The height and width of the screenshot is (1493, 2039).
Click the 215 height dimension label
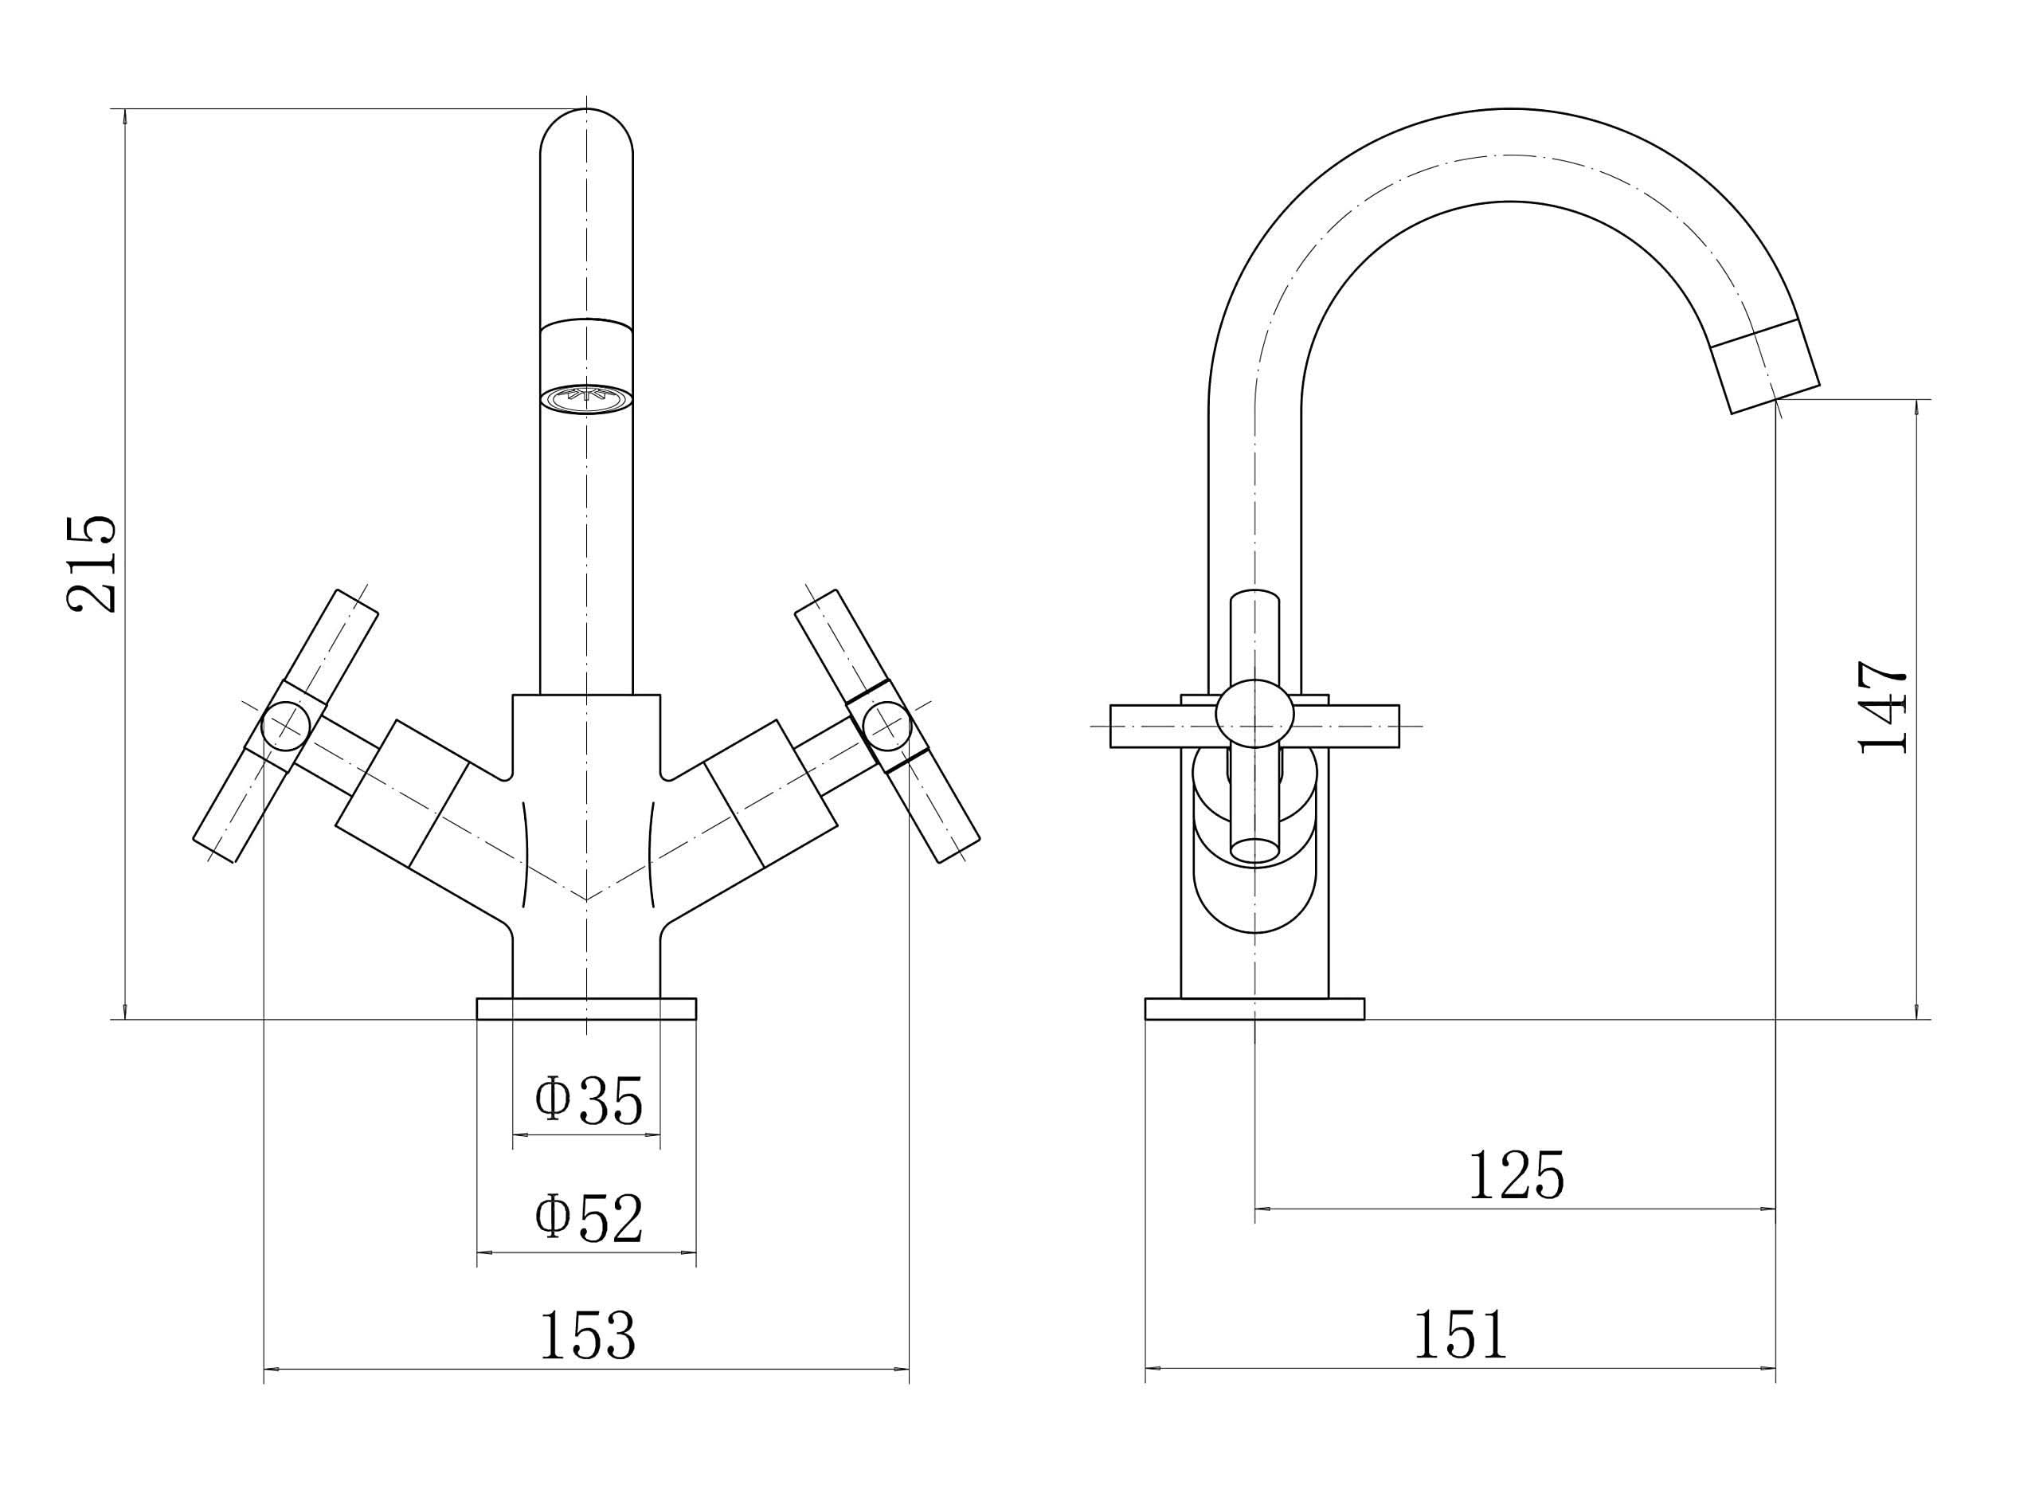click(x=92, y=564)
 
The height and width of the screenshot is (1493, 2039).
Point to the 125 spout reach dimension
click(x=1516, y=1175)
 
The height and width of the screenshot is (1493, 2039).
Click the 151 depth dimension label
click(x=1461, y=1334)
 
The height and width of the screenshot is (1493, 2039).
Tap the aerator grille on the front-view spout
click(x=585, y=397)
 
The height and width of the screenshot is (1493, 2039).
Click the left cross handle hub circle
click(x=285, y=726)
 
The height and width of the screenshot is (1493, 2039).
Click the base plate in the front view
click(x=585, y=1009)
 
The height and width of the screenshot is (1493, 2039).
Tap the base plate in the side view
click(x=1254, y=1009)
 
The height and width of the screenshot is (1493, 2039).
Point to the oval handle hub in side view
click(x=1254, y=714)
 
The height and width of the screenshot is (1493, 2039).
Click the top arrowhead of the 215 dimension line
click(x=125, y=116)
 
